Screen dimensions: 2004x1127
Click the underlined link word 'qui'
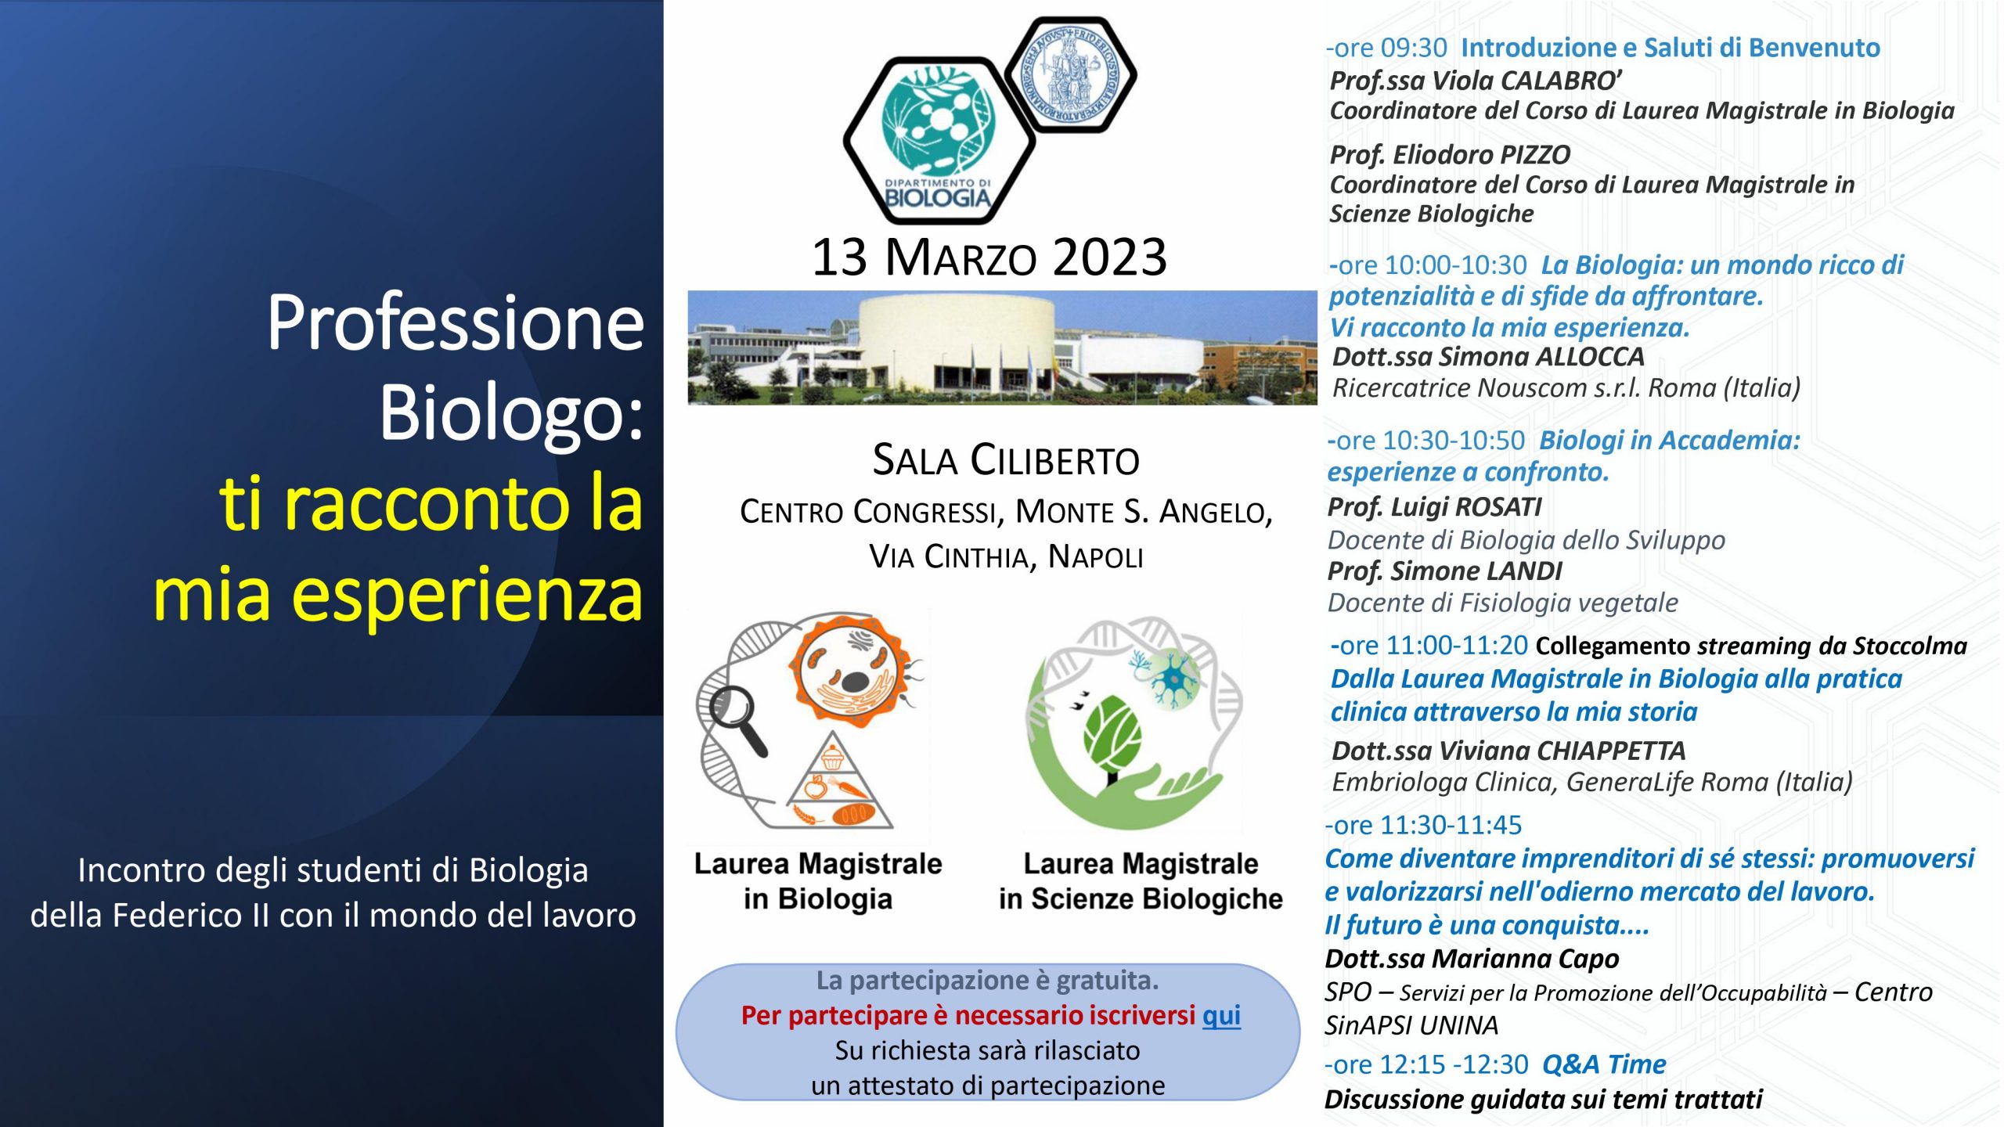[x=1221, y=1016]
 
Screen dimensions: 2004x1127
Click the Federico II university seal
[x=1070, y=75]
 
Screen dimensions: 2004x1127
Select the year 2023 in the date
[x=1109, y=257]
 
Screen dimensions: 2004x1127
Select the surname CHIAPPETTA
[x=1611, y=751]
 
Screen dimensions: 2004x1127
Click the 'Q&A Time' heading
[x=1604, y=1064]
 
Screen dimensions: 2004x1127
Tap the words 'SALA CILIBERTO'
[x=1006, y=460]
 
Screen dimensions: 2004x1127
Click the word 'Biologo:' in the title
[x=511, y=412]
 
